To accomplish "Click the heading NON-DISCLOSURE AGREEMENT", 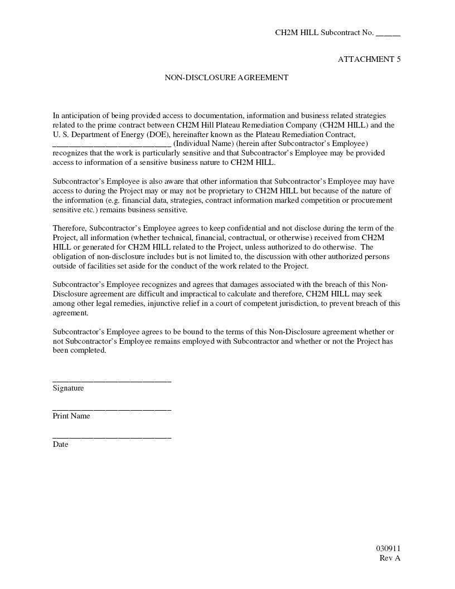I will pos(226,77).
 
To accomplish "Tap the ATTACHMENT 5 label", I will pos(369,59).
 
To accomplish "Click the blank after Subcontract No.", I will pos(388,33).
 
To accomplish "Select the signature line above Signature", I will pos(112,381).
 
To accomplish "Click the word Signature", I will pos(68,388).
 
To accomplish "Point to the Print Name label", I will pos(71,416).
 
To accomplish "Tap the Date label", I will pos(60,444).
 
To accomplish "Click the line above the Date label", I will pos(112,437).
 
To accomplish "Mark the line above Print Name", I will pos(112,410).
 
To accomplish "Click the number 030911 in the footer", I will pos(388,548).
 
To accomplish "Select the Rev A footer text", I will pos(390,558).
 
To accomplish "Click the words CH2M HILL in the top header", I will pos(297,32).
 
